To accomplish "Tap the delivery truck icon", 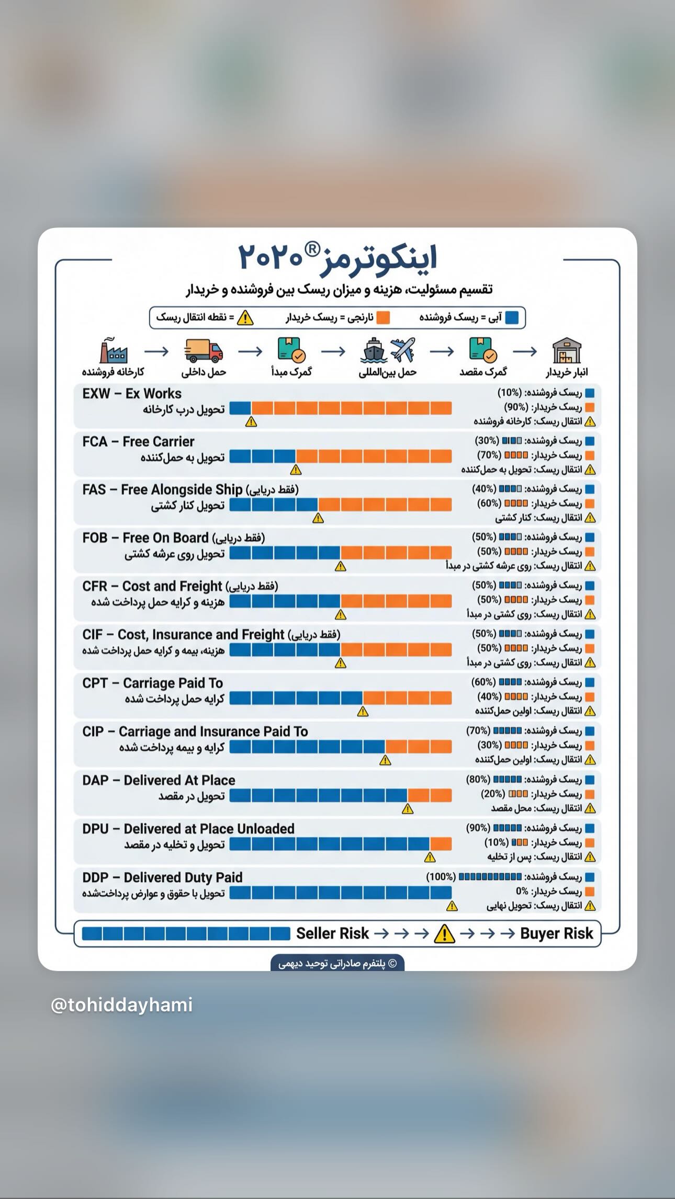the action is (x=204, y=351).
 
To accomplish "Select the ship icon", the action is (x=374, y=350).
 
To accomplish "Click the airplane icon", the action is (x=403, y=350).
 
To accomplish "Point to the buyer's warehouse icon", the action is (x=567, y=350).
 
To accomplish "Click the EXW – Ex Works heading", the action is (x=132, y=394).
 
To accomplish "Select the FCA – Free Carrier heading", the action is (x=138, y=442).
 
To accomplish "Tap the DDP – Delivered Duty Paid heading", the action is (x=162, y=877).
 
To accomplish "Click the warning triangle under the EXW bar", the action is (x=251, y=421).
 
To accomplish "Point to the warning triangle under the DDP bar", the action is (x=452, y=906).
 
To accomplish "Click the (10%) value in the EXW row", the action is (x=509, y=393).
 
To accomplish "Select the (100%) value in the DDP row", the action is (x=441, y=877).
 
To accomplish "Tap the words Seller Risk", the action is (x=332, y=933).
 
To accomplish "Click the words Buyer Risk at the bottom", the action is (x=557, y=933).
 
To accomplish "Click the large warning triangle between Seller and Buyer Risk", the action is (x=444, y=933).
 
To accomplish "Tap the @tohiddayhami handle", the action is (x=122, y=1005).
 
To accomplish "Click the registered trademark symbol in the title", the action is (x=312, y=249).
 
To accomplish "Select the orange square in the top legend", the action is (x=383, y=317).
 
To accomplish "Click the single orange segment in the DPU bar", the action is (x=441, y=844).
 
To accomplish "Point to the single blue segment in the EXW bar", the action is (x=240, y=408).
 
